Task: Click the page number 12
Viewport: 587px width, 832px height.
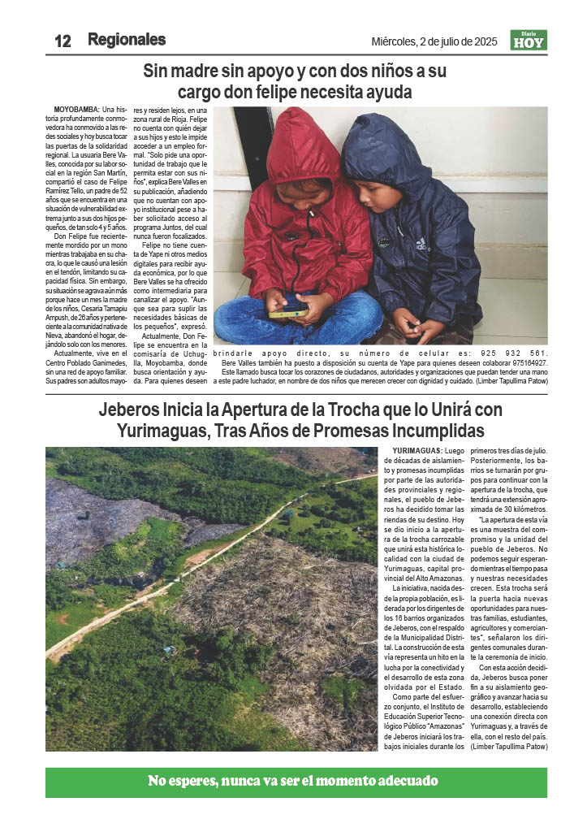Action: (x=63, y=41)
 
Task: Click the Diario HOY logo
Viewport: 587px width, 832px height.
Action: (x=529, y=40)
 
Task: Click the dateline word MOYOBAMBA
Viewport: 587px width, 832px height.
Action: (x=76, y=109)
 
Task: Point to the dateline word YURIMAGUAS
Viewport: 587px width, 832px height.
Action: (x=417, y=450)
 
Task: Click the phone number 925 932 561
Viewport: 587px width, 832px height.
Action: (x=514, y=353)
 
